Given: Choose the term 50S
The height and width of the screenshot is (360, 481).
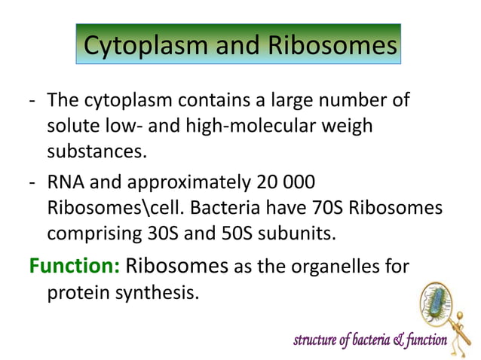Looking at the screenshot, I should click(x=232, y=233).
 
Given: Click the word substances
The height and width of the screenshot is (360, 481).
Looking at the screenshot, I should click(x=95, y=151).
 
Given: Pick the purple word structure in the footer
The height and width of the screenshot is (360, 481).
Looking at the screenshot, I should click(x=316, y=341).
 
